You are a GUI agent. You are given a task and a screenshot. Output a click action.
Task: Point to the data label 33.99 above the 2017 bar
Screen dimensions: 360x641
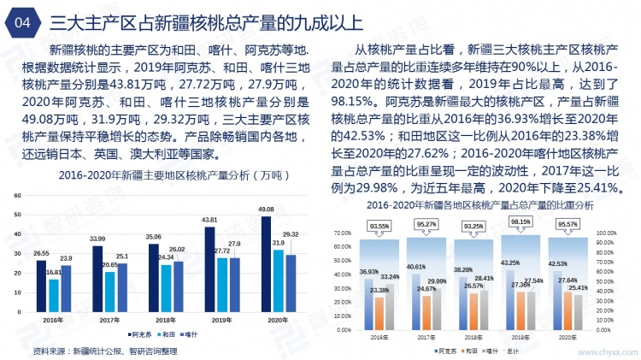point(97,239)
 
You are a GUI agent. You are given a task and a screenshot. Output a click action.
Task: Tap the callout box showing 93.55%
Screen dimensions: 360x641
point(380,225)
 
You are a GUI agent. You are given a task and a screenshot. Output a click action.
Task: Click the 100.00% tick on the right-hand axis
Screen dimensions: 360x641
point(608,233)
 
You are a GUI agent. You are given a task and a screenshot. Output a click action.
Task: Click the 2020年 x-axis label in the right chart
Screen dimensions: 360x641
point(566,338)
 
